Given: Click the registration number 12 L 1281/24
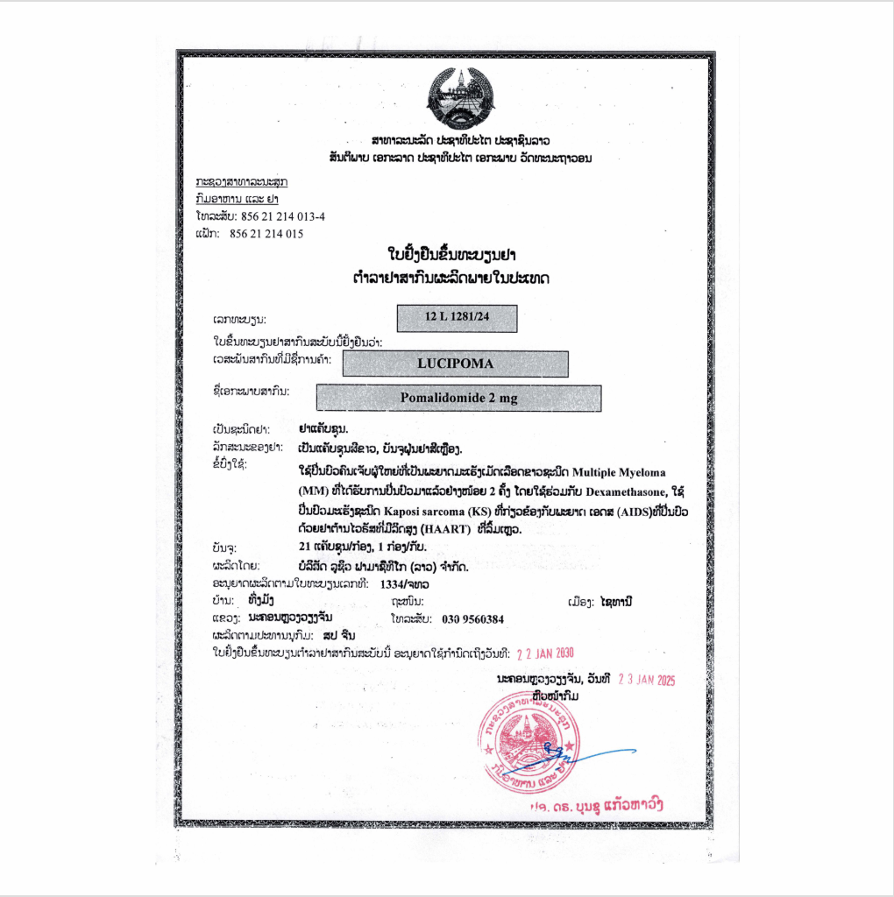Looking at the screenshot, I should [x=457, y=319].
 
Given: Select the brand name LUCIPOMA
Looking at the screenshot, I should [x=455, y=364].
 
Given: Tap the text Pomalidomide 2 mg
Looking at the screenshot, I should [x=458, y=399].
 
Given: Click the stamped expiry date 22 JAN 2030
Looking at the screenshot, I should [x=546, y=653].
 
